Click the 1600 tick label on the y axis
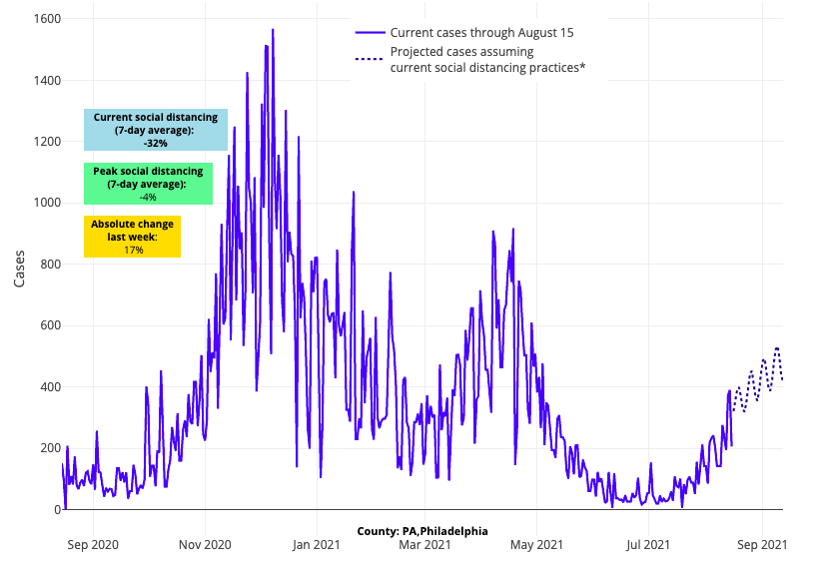41,19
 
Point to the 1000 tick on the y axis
41,203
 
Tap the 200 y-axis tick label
45,448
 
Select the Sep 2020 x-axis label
94,544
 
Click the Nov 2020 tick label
205,544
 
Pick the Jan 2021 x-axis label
317,544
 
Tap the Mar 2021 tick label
424,544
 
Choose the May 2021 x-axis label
536,544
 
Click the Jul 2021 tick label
648,544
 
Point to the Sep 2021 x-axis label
762,544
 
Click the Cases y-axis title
20,267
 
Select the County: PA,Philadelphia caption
422,531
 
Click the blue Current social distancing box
156,130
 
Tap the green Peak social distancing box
148,184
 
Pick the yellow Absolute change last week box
133,237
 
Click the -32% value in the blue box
156,144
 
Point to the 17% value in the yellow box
133,250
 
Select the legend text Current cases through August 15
481,33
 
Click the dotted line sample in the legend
369,59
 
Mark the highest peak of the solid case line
272,30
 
